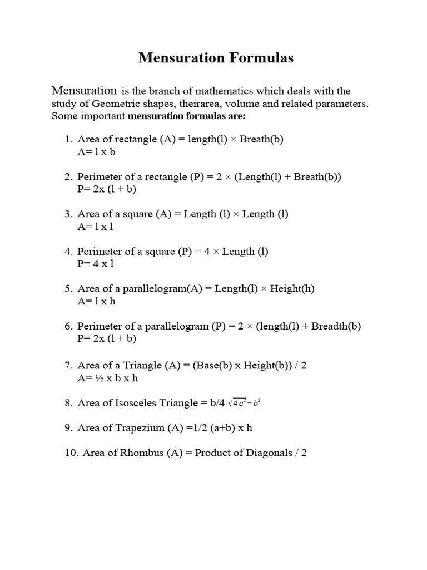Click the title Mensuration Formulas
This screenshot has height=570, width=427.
(215, 57)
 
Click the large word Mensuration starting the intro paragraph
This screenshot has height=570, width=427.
(84, 90)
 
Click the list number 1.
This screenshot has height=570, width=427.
(68, 139)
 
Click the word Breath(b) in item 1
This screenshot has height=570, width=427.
(261, 139)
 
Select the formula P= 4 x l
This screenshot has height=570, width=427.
(96, 264)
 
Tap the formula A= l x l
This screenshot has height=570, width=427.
(96, 227)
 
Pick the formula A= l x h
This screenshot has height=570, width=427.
(96, 301)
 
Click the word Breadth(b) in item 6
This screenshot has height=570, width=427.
(336, 326)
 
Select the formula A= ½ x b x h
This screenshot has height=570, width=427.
(107, 378)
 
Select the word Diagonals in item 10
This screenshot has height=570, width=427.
(270, 453)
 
